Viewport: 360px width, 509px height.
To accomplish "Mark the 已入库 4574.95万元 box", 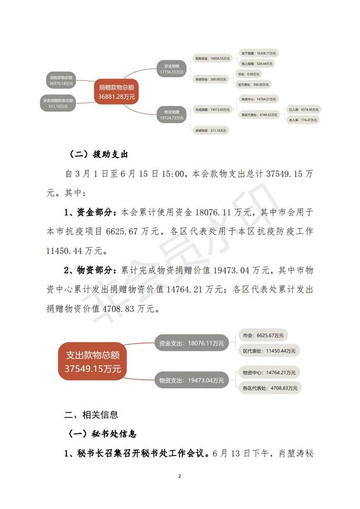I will coord(303,110).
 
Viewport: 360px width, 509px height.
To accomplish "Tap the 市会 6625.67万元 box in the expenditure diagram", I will coord(263,336).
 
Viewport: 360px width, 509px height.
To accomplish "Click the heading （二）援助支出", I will coord(98,154).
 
